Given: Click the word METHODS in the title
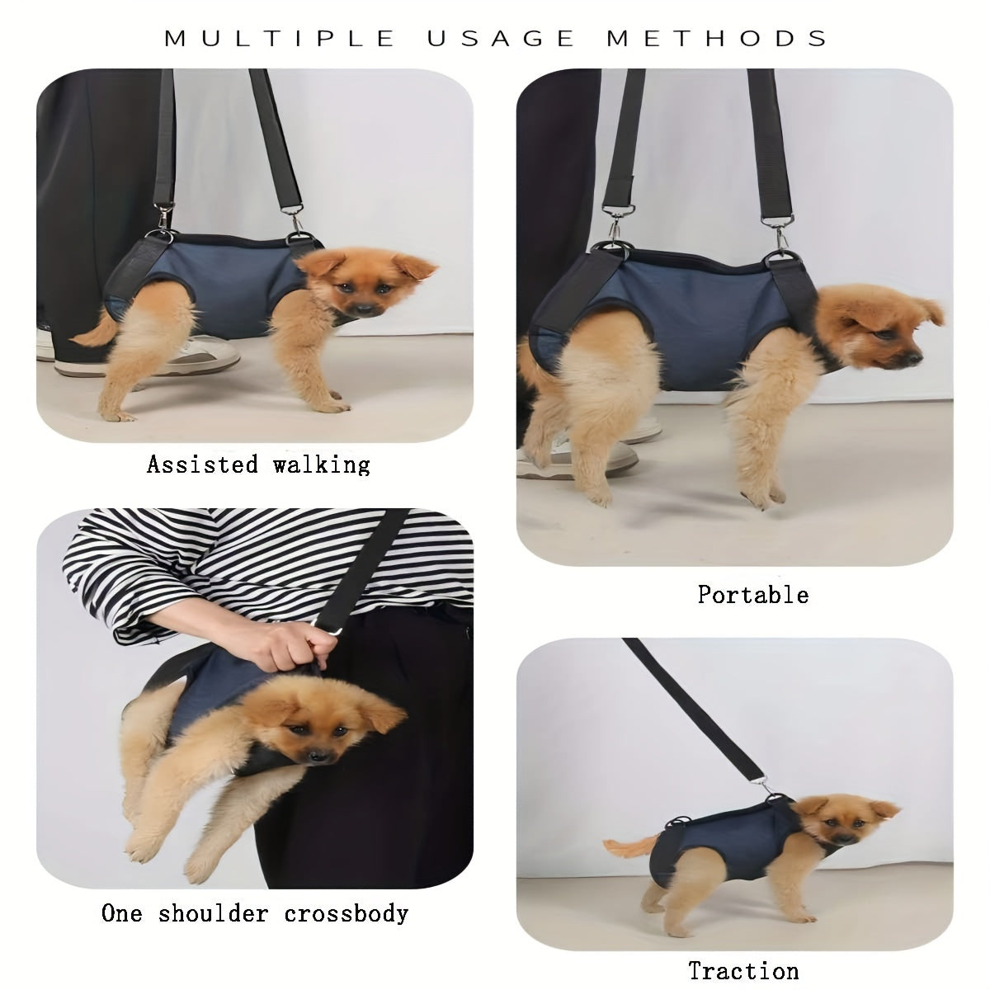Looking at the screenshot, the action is pos(717,39).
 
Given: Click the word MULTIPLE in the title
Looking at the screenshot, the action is pos(280,39).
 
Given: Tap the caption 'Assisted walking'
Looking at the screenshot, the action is pos(258,465).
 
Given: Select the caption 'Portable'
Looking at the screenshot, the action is pos(753,595).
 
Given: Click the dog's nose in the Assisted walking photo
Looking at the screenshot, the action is pos(363,309).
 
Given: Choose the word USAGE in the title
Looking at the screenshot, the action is pos(501,39).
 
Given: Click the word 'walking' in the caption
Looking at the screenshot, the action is pos(321,465).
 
